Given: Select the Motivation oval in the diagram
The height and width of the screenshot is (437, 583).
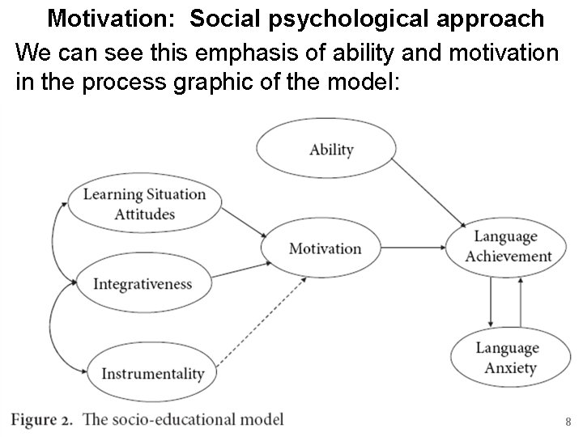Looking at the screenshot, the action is [324, 248].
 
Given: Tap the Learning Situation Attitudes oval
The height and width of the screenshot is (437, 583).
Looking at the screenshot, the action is [144, 204].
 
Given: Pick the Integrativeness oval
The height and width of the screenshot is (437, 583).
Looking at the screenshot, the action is [143, 283].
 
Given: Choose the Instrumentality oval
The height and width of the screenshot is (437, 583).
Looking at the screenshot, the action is [152, 373].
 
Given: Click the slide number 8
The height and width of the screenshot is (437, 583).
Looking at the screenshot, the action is [568, 422].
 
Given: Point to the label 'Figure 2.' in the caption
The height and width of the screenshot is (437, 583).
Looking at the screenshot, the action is [41, 419].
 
